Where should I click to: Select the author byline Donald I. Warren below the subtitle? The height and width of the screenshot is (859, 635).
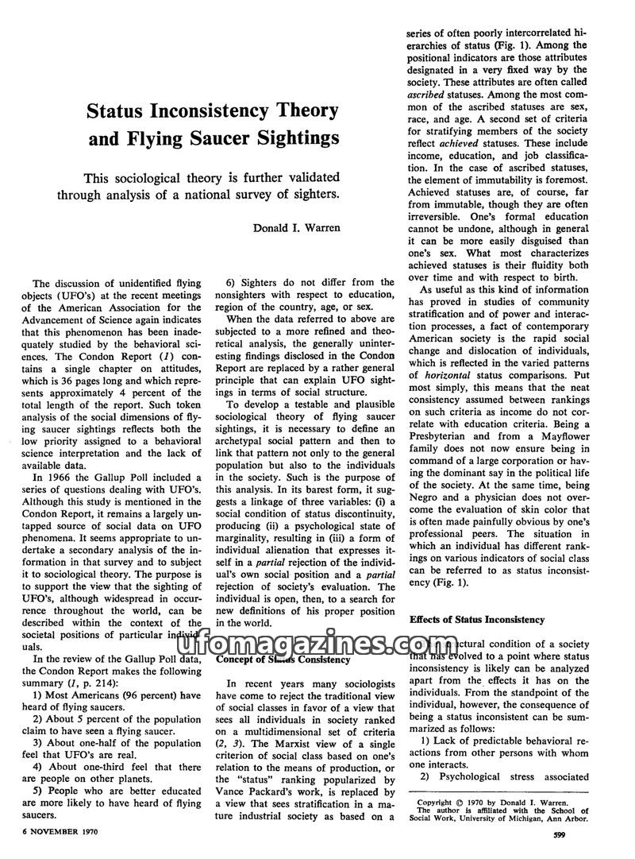pos(297,228)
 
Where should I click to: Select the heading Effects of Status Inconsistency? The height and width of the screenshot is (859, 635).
pos(477,618)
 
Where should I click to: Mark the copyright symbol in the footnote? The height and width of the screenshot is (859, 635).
pos(462,803)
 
